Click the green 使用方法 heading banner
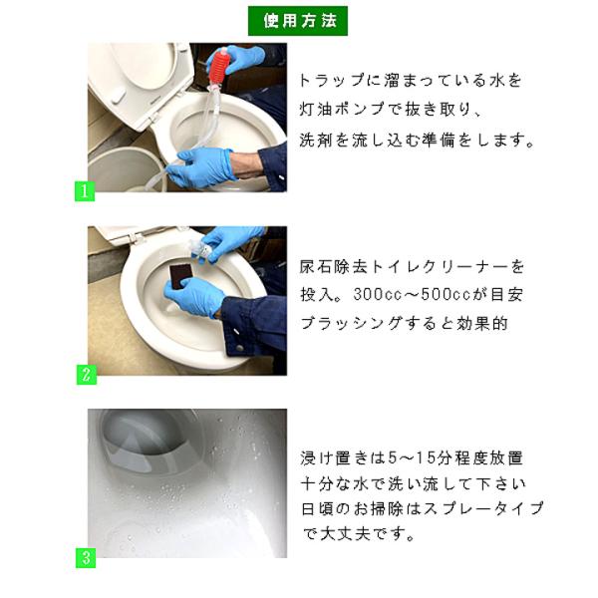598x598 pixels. click(x=297, y=21)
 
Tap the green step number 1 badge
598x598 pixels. click(x=85, y=191)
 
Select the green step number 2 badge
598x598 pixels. click(x=87, y=375)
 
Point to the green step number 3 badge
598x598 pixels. click(x=86, y=558)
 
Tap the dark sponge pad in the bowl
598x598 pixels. click(x=180, y=276)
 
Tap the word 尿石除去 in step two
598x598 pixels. click(x=334, y=266)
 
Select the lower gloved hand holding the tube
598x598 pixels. click(x=202, y=167)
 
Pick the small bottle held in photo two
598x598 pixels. click(x=201, y=250)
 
